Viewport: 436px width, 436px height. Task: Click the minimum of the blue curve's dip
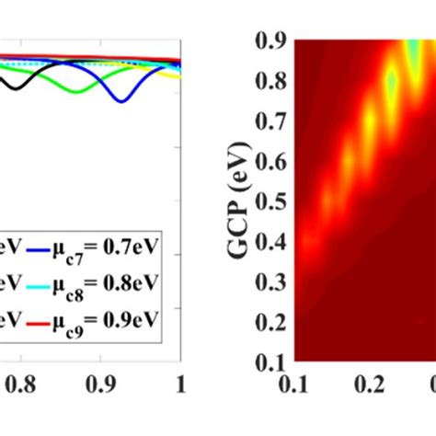pos(120,100)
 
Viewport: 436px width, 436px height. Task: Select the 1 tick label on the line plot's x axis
pos(180,382)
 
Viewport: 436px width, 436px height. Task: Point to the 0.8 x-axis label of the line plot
pos(13,382)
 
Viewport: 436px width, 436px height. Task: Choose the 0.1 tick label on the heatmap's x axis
pos(295,382)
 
